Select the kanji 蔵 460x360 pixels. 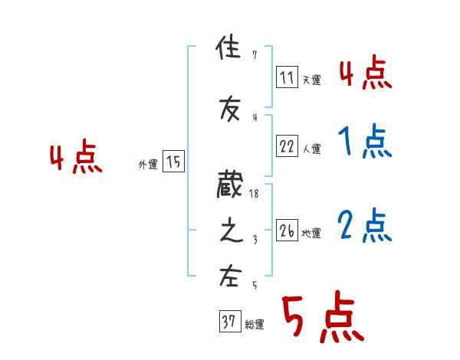click(229, 186)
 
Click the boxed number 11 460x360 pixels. click(287, 77)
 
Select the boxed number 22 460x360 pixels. click(287, 146)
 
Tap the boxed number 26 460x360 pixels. click(287, 231)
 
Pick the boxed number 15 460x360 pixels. click(173, 162)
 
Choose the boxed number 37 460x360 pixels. click(228, 322)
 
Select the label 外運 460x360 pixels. click(147, 165)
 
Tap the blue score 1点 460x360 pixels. click(364, 142)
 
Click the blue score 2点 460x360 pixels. click(364, 226)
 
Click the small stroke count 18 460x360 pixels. click(255, 195)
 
